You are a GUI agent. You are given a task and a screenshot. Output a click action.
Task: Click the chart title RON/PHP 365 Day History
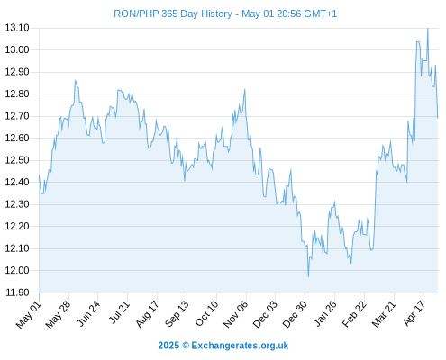click(173, 13)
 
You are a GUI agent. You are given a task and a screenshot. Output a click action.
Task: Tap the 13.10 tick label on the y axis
click(17, 28)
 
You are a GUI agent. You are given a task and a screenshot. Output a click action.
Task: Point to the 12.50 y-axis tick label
click(17, 160)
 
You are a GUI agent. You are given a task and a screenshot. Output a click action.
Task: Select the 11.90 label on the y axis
click(17, 292)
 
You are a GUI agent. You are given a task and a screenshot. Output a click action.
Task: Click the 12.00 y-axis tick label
click(17, 270)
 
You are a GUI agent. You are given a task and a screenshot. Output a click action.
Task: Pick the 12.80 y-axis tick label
click(17, 94)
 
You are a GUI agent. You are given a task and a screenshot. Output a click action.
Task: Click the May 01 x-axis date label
click(28, 315)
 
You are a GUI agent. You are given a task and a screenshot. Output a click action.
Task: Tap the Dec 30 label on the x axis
click(295, 314)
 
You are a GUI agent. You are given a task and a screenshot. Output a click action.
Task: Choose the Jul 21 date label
click(119, 312)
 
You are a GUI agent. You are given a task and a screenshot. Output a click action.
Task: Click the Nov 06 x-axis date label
click(235, 314)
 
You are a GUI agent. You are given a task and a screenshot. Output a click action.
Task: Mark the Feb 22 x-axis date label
click(354, 314)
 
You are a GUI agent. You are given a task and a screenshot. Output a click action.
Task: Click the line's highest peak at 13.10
click(428, 29)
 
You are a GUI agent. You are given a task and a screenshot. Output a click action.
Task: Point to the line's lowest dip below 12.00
click(308, 276)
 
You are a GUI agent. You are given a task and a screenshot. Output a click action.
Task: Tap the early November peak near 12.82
click(245, 89)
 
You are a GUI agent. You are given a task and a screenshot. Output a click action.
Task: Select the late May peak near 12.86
click(75, 80)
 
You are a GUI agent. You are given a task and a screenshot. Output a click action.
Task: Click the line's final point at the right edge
click(438, 118)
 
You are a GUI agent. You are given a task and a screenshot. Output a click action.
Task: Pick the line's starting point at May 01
click(39, 175)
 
